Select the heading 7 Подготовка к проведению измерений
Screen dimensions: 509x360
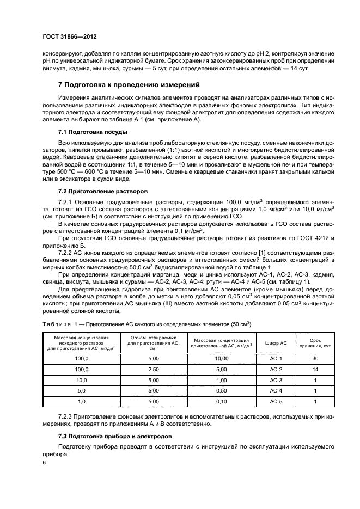[x=129, y=85]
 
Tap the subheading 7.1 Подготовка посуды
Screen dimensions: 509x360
[x=93, y=132]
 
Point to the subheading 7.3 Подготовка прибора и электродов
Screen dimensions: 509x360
[x=115, y=436]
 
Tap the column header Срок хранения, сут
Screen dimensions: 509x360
[x=315, y=343]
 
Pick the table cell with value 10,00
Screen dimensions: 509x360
[x=222, y=359]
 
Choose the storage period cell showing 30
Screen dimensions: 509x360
[x=315, y=359]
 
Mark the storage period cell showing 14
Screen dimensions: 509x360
[x=315, y=369]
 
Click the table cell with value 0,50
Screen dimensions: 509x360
[x=222, y=390]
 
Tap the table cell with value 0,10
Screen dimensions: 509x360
[x=222, y=401]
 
